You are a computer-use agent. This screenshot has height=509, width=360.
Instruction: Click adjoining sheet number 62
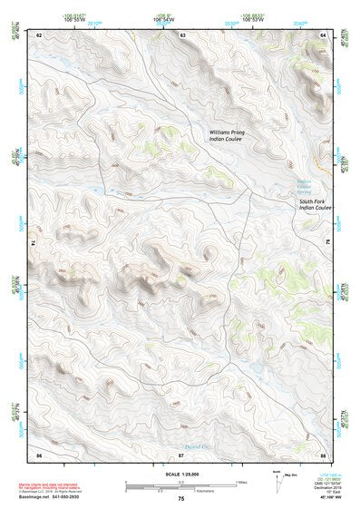[39, 34]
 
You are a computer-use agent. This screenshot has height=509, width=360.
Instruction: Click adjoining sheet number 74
[36, 243]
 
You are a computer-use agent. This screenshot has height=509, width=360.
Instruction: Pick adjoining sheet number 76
[326, 243]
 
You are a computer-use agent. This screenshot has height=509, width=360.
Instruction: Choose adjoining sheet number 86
[39, 453]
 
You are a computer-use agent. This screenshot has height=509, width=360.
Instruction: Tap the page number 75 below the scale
[181, 499]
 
